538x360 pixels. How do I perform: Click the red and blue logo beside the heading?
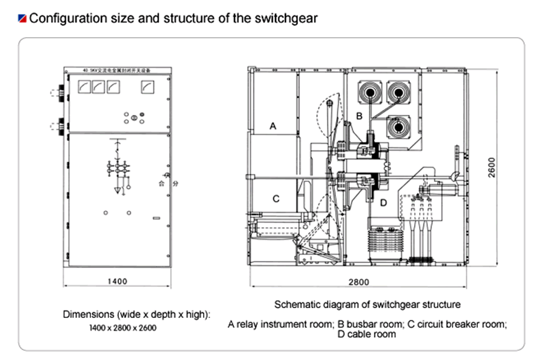click(22, 18)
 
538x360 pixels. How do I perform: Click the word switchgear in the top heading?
click(287, 18)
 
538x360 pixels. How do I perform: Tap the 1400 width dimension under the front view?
click(117, 281)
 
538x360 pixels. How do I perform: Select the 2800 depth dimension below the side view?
click(358, 282)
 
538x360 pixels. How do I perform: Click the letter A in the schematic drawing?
click(272, 126)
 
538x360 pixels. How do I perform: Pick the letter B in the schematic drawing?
click(358, 116)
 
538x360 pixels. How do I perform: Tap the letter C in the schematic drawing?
click(276, 199)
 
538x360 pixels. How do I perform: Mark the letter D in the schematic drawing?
click(383, 202)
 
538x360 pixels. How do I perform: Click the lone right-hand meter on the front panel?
click(147, 88)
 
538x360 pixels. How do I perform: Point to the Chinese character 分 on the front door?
click(175, 184)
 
